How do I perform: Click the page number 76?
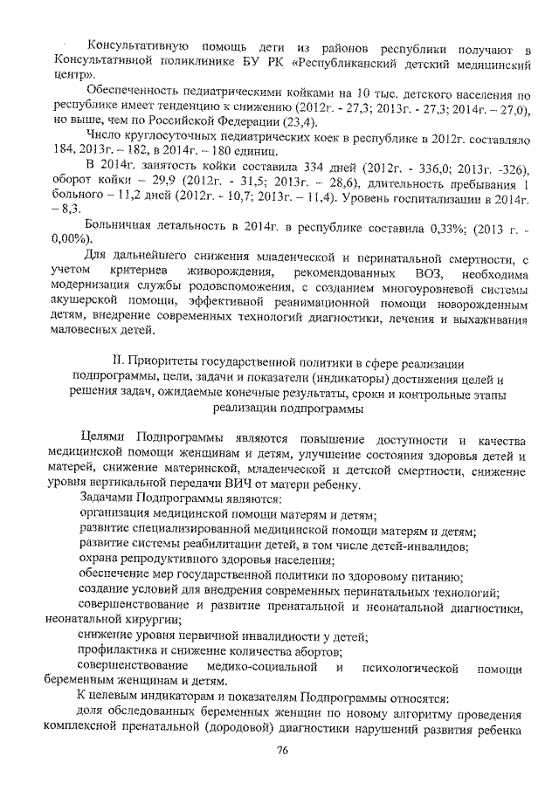pyautogui.click(x=281, y=752)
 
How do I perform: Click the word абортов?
pyautogui.click(x=319, y=653)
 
